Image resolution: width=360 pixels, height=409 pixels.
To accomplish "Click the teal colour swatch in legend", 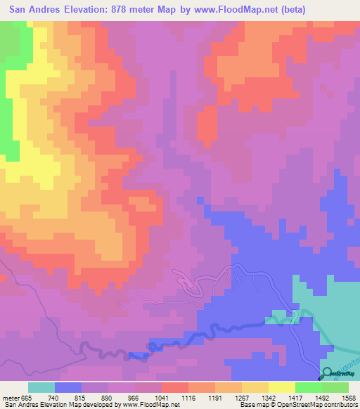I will (41, 387).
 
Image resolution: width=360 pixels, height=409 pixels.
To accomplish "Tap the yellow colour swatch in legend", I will (282, 387).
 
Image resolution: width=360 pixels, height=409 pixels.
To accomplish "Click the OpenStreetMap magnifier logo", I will (327, 373).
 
